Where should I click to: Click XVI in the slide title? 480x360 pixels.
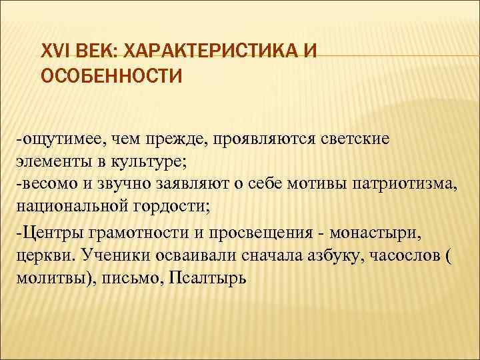(55, 51)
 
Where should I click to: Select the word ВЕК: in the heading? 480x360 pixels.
(97, 51)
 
